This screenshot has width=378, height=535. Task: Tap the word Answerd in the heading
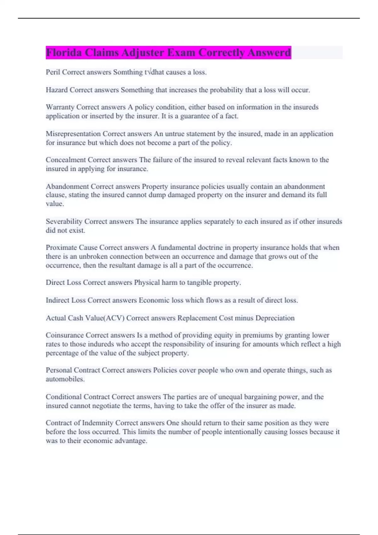(x=269, y=53)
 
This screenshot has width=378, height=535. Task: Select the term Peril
(x=53, y=72)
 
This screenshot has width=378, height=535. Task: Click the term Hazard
(x=57, y=90)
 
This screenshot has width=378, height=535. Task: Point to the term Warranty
(x=60, y=107)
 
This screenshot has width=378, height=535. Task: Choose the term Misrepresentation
(x=73, y=134)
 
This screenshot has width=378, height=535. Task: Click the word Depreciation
(x=275, y=318)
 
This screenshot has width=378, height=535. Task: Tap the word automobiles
(x=65, y=379)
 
